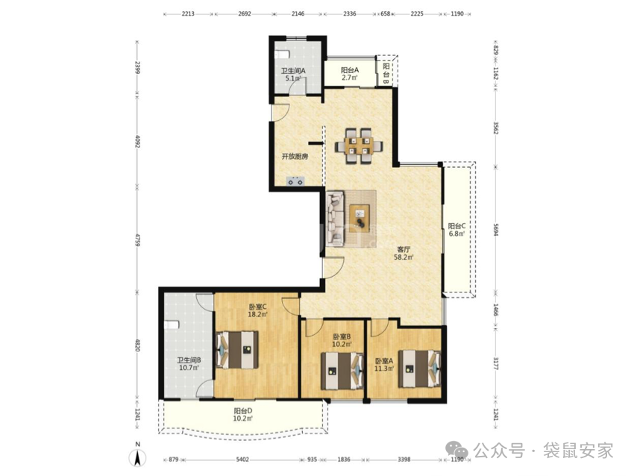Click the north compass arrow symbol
pos(138,457)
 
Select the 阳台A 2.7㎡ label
pos(350,74)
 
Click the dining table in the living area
pos(360,146)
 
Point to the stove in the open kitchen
pos(295,181)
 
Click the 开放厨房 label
pos(295,156)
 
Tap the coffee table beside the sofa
pos(360,218)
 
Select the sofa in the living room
pos(335,219)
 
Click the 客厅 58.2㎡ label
pos(404,253)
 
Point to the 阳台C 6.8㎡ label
pos(456,230)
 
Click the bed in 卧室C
pos(238,350)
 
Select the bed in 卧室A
pos(419,369)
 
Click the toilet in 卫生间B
pos(172,325)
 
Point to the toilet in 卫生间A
pos(282,54)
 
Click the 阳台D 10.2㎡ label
pos(242,415)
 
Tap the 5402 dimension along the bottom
pos(242,460)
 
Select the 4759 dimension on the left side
pos(137,240)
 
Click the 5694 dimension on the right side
pos(496,229)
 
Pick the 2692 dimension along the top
pos(245,13)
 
